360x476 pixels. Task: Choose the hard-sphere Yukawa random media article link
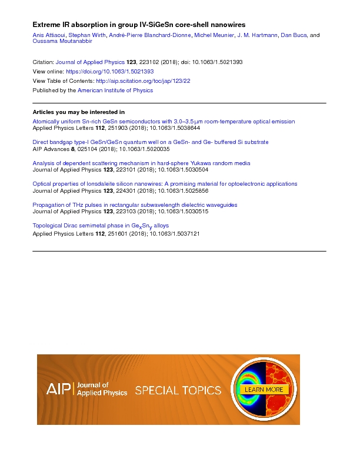click(x=141, y=163)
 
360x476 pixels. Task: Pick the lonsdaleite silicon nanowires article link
click(x=165, y=184)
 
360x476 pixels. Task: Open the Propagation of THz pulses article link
click(x=135, y=205)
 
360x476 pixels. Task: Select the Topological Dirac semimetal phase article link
click(x=100, y=226)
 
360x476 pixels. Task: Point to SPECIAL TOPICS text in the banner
click(x=178, y=390)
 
